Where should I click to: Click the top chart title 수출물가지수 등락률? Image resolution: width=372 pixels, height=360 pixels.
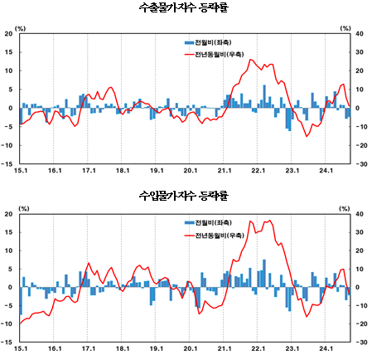tap(186, 8)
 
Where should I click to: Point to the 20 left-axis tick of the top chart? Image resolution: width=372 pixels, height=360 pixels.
tap(8, 34)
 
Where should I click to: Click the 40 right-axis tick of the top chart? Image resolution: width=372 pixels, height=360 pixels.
tap(360, 34)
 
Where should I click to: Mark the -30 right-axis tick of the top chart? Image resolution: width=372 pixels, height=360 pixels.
tap(360, 163)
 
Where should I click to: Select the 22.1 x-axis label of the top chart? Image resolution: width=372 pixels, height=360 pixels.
tap(258, 171)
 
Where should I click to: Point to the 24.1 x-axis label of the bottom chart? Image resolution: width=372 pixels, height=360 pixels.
tap(326, 350)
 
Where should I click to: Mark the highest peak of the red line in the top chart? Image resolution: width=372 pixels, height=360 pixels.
tap(252, 60)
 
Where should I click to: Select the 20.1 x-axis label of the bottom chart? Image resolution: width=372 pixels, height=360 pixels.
tap(190, 350)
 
